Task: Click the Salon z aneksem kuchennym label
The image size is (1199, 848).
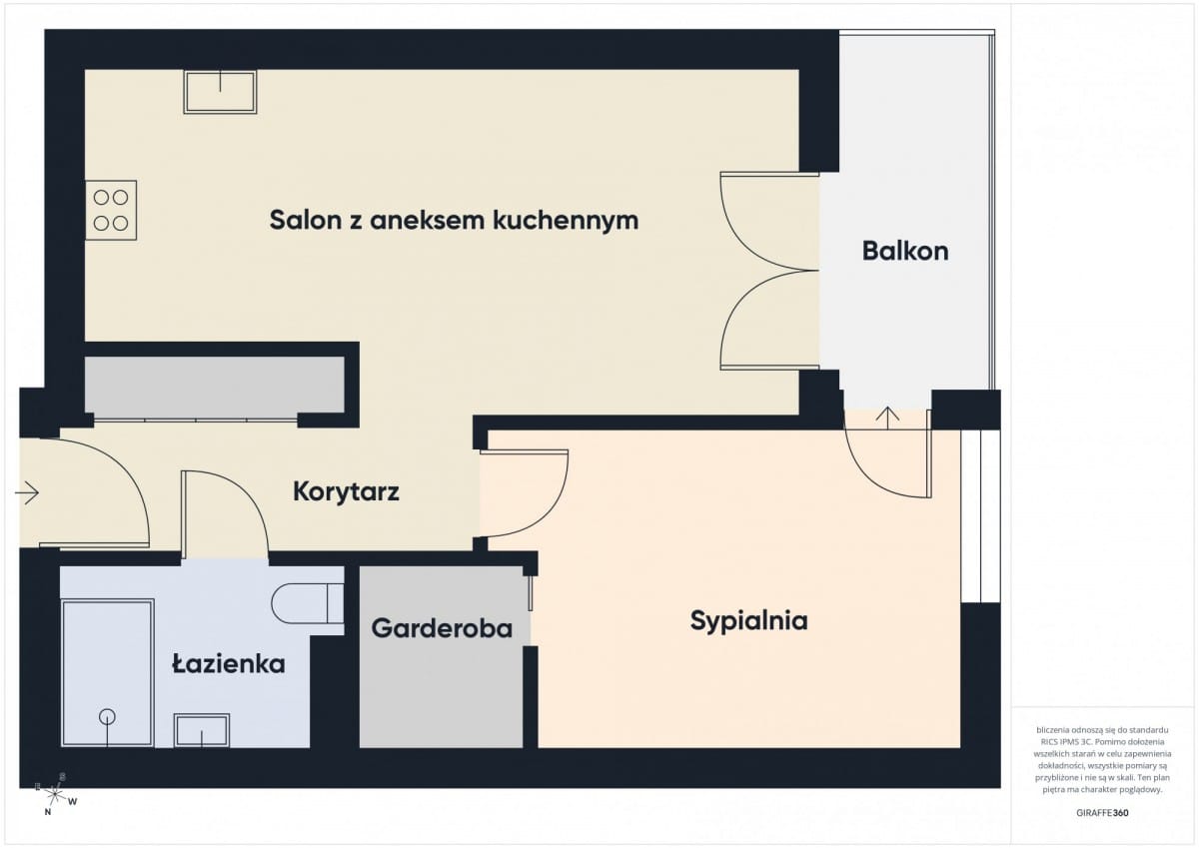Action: [454, 221]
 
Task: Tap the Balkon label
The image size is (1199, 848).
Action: [905, 251]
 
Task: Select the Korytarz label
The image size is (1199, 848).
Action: [347, 491]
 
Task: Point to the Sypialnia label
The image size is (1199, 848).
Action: [748, 621]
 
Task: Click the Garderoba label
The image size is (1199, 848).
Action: [442, 629]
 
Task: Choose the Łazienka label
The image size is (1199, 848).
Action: [228, 663]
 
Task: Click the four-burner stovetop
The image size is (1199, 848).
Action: [111, 210]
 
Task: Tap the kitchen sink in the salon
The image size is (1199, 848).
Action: [220, 92]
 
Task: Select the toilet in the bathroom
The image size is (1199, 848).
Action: [306, 603]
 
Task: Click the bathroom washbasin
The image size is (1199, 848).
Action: [202, 730]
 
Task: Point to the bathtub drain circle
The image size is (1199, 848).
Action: [106, 716]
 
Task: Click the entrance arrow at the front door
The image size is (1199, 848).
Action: [27, 492]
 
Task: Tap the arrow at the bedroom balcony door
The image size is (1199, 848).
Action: [886, 415]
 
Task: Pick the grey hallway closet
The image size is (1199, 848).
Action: [214, 385]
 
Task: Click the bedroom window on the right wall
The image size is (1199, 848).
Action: [980, 516]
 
